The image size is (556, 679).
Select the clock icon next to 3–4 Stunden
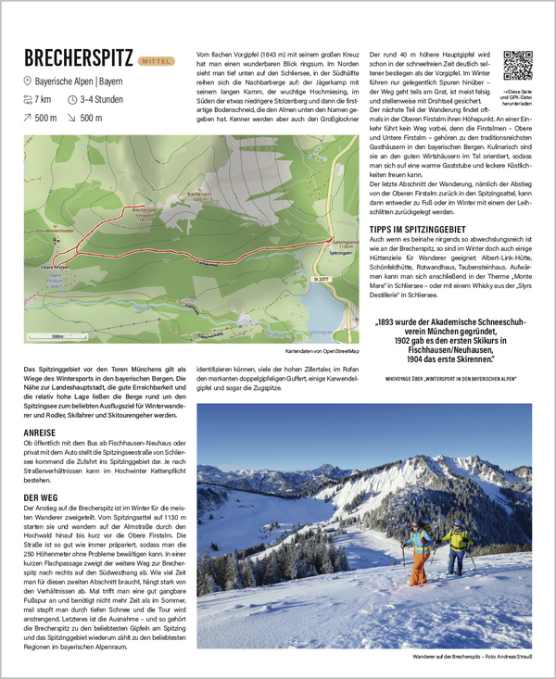[71, 99]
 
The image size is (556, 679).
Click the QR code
[517, 66]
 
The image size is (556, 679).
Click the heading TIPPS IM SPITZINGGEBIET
[418, 228]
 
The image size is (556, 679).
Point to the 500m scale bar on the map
[57, 335]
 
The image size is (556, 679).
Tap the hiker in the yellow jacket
[457, 545]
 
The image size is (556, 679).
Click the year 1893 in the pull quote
[391, 323]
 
